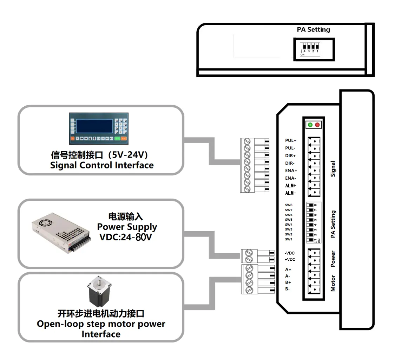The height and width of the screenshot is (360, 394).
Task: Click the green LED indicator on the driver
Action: (x=310, y=125)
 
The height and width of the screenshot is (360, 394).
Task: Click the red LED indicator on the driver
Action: (x=317, y=125)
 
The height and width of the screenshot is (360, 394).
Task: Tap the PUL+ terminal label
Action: (x=291, y=141)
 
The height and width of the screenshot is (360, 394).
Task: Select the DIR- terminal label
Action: (x=290, y=163)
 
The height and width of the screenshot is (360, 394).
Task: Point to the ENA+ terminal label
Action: (x=291, y=171)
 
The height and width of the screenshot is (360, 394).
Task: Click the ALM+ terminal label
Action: (x=291, y=186)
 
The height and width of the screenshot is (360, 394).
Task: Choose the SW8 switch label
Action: (x=289, y=205)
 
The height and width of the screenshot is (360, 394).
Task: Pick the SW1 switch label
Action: (x=289, y=239)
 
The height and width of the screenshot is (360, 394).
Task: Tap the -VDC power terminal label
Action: (x=290, y=253)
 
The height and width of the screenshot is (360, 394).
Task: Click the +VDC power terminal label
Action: (x=290, y=259)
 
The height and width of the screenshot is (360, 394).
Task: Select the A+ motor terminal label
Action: (x=288, y=269)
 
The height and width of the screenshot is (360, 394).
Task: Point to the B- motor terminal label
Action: (x=288, y=289)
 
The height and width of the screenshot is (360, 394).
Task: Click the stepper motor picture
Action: (x=99, y=291)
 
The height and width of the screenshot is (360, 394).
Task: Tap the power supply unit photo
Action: (x=61, y=233)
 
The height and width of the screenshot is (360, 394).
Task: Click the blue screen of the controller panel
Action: (x=94, y=126)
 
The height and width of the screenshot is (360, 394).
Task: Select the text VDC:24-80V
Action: (x=126, y=237)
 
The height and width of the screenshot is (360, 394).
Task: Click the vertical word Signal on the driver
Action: (x=333, y=169)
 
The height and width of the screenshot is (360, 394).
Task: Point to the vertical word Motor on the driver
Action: (x=333, y=284)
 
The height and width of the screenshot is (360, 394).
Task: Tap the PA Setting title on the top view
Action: (x=313, y=29)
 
